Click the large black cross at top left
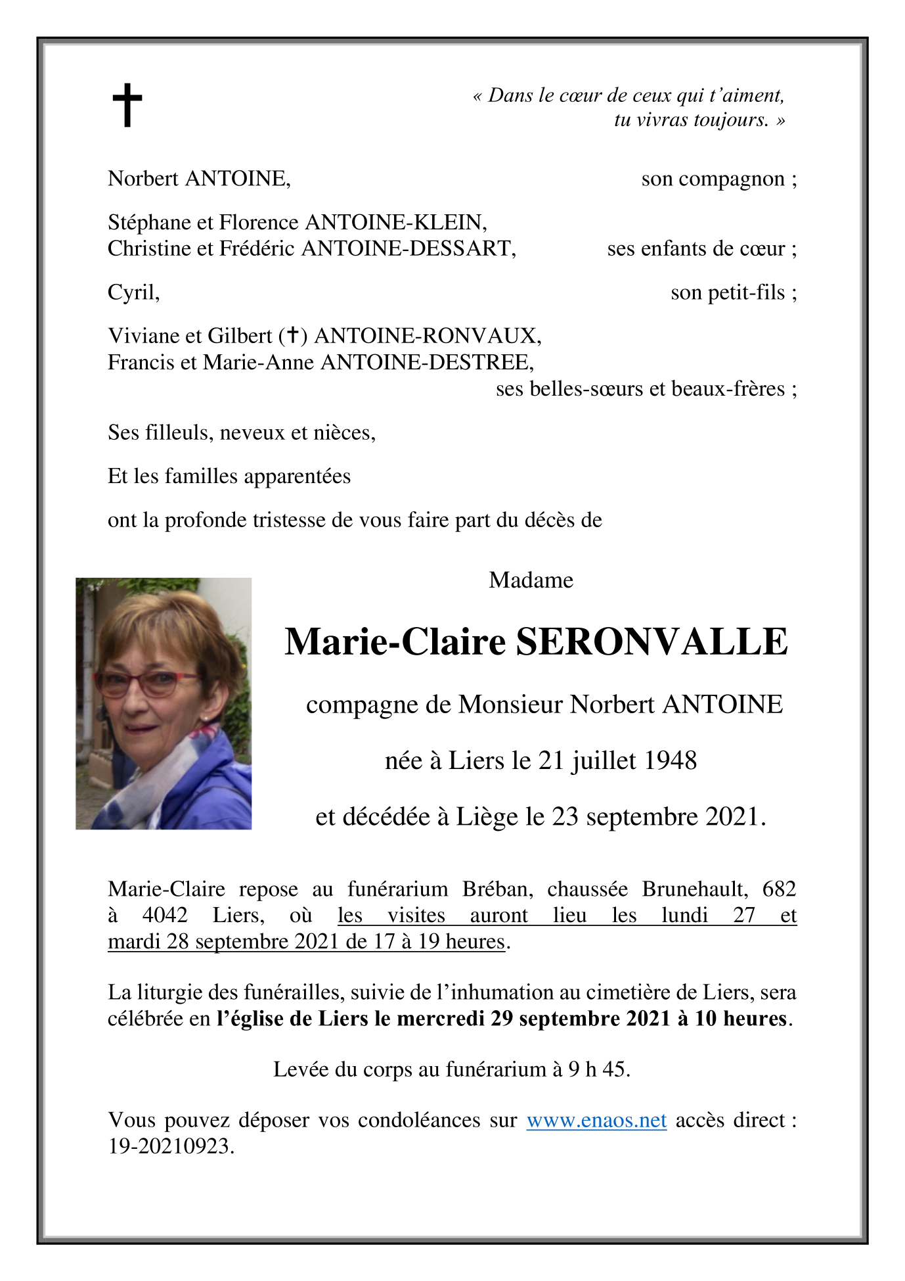coord(127,105)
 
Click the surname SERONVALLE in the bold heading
coord(651,642)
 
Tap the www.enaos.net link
coord(596,1120)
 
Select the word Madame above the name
coord(531,580)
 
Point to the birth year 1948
coord(670,761)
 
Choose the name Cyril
coord(133,292)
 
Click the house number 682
coord(779,889)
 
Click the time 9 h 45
coord(598,1069)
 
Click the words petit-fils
coord(727,292)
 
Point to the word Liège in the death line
coord(487,817)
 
